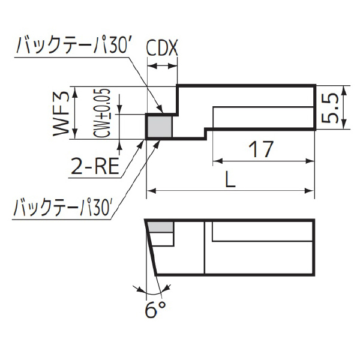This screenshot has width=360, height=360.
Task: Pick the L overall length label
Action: (230, 178)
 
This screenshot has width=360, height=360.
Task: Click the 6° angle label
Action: (155, 311)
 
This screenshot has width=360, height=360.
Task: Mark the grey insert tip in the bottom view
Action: (161, 226)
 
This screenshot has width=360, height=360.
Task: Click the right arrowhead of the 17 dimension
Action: (310, 161)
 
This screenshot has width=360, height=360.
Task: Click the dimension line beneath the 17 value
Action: (264, 161)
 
